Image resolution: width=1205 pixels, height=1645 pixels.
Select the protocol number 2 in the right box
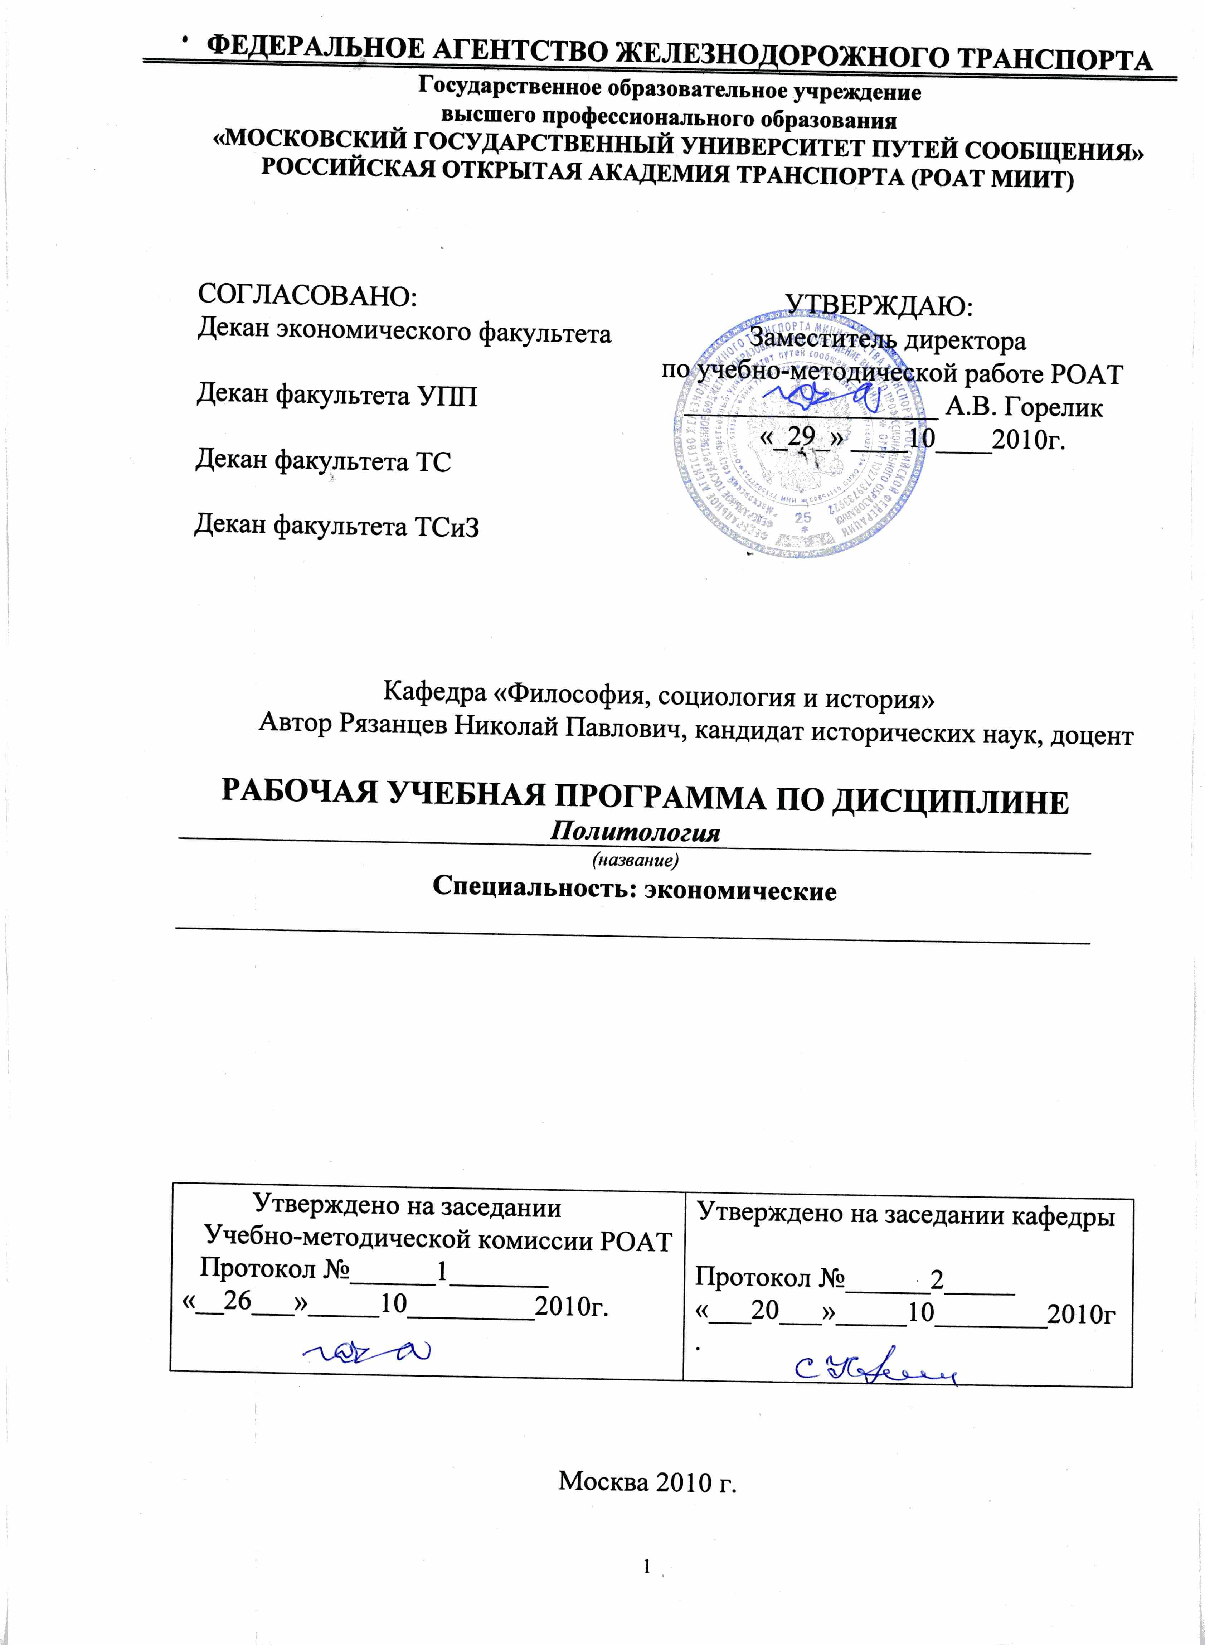tap(937, 1279)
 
